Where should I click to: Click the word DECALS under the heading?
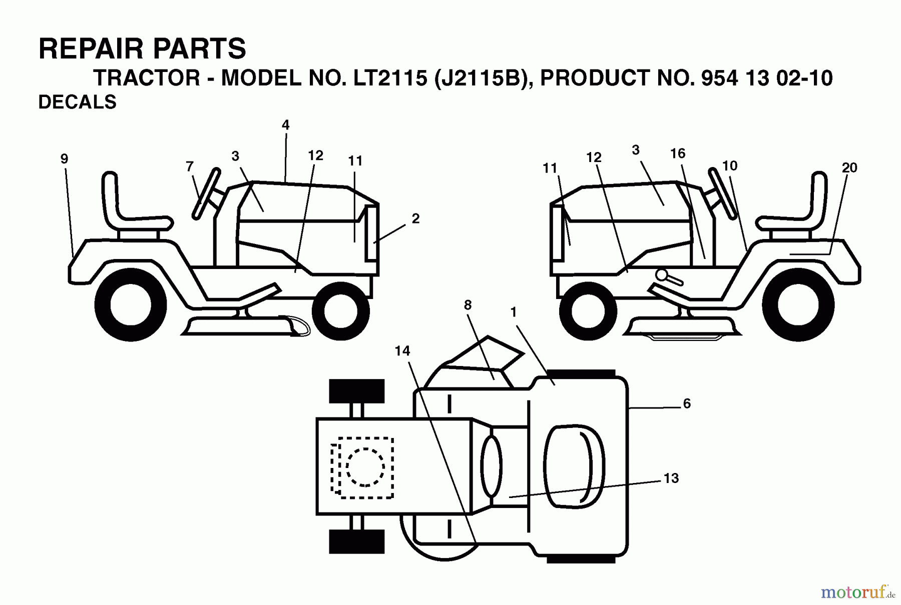coord(77,102)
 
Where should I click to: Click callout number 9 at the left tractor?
coord(64,159)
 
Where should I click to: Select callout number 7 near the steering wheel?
coord(189,166)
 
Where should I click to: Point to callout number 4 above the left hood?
coord(285,125)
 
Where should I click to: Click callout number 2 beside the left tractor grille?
coord(415,218)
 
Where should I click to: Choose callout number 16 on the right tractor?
coord(677,153)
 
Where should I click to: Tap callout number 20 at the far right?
coord(849,168)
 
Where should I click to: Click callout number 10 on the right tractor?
coord(729,165)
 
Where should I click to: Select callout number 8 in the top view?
coord(468,305)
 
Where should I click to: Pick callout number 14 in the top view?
coord(402,351)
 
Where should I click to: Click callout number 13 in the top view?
coord(671,478)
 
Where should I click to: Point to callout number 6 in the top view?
coord(686,403)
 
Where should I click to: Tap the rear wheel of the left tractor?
coord(130,305)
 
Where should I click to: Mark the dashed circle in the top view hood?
coord(365,467)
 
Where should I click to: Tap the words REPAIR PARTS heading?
coord(142,49)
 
